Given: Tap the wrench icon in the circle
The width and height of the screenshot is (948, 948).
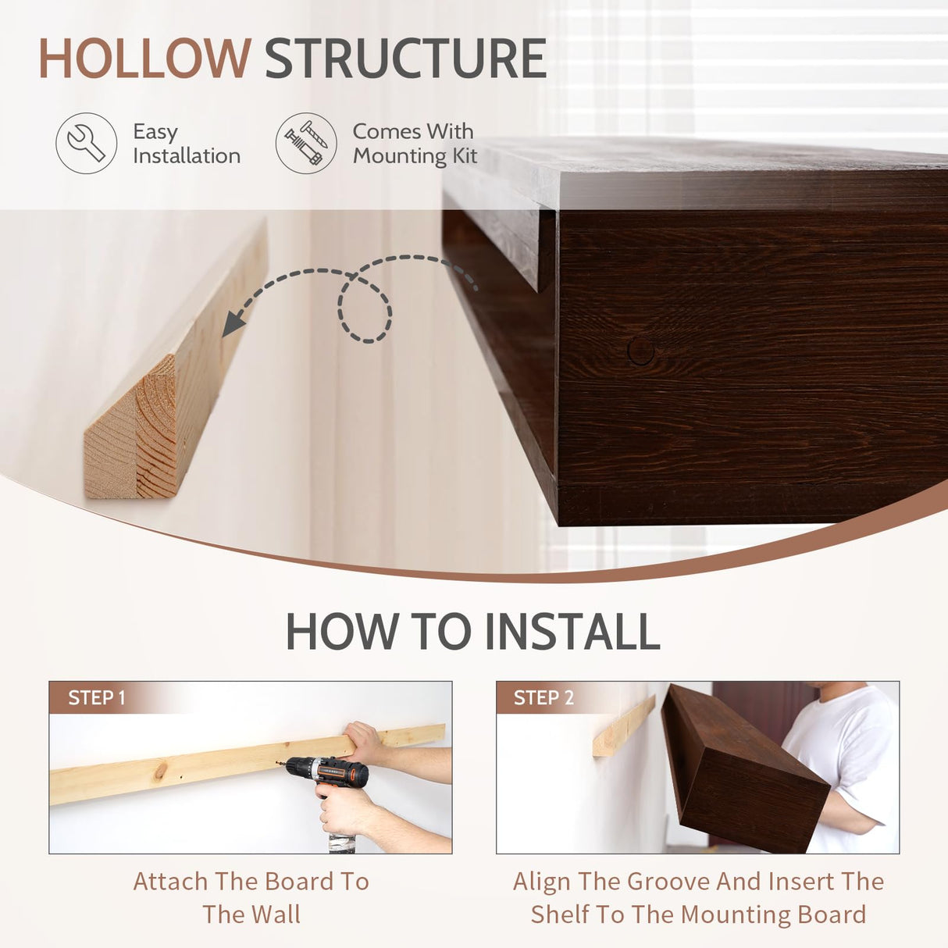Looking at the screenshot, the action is tap(86, 143).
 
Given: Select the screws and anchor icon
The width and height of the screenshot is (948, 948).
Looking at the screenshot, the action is tap(306, 143).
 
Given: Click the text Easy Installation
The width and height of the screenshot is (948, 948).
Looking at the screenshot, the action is tap(187, 144).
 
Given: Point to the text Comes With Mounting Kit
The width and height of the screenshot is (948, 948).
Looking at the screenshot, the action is tap(415, 144).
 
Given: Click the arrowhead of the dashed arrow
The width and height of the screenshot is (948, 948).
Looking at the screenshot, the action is tap(233, 325).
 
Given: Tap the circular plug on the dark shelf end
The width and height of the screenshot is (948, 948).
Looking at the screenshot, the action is tap(641, 351).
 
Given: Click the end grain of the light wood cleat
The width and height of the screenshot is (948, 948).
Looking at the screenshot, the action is tap(130, 428).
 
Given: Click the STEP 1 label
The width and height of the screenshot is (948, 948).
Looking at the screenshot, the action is tap(97, 697).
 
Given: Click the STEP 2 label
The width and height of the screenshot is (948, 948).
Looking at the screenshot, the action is tap(543, 697).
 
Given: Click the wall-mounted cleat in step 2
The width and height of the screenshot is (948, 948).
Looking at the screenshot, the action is tap(624, 726).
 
